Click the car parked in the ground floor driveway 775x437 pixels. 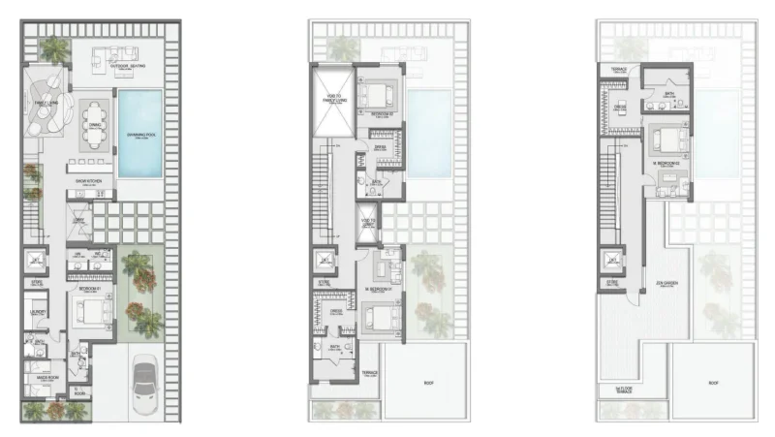click(148, 378)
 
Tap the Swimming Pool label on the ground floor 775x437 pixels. click(141, 135)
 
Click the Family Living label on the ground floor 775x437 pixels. click(46, 101)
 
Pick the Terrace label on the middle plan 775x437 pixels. click(370, 371)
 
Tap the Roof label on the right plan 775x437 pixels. click(715, 383)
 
